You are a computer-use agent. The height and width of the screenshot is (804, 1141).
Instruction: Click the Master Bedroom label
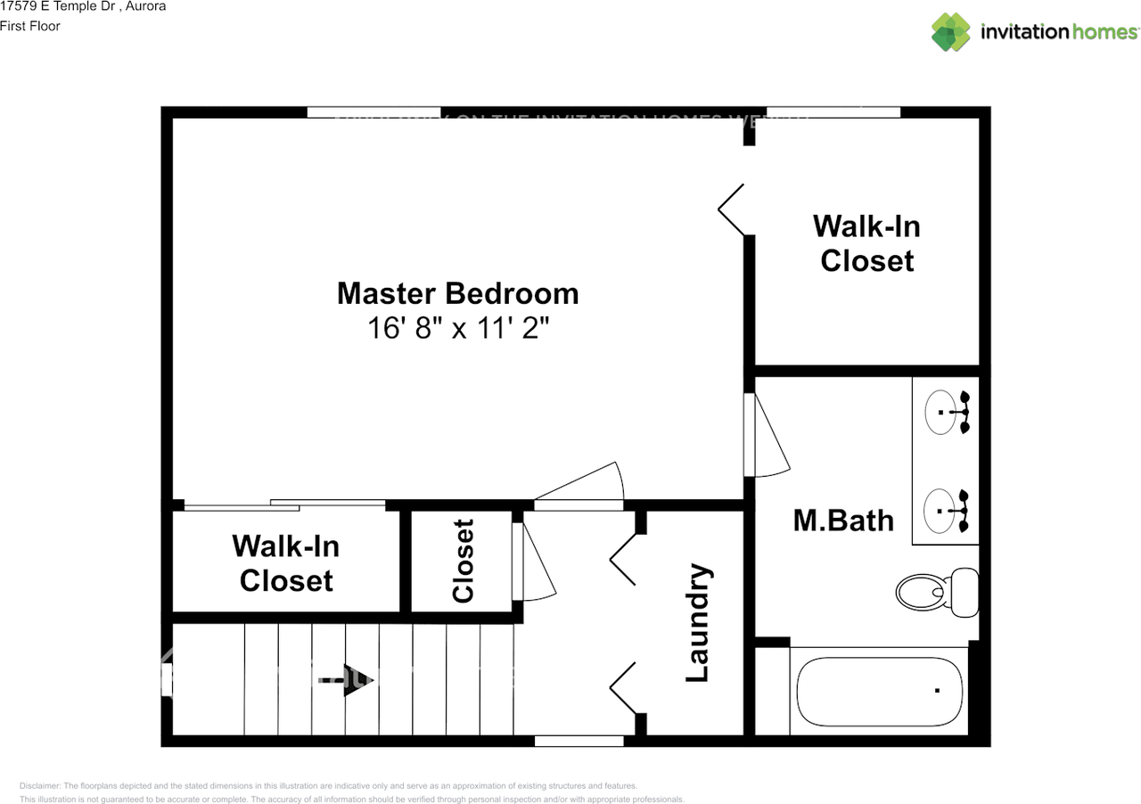tap(457, 293)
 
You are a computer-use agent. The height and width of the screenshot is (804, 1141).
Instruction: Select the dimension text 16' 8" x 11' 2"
tap(457, 328)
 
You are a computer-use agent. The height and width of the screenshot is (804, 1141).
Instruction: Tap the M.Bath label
tap(842, 521)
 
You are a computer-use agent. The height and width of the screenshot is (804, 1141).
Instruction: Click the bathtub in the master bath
tap(879, 692)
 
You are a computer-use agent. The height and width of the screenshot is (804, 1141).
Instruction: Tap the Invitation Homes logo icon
tap(951, 32)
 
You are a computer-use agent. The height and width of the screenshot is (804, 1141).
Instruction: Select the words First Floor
tap(30, 26)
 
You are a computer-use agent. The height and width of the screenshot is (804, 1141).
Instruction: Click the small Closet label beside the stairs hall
tap(463, 561)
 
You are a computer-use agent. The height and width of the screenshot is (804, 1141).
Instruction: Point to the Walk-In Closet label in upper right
tap(866, 243)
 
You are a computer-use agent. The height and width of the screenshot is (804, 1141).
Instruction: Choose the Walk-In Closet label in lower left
tap(285, 562)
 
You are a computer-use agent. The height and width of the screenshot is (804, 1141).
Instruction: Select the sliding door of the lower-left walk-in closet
tap(285, 505)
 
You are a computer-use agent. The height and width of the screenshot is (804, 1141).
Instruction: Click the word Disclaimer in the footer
tap(40, 786)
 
